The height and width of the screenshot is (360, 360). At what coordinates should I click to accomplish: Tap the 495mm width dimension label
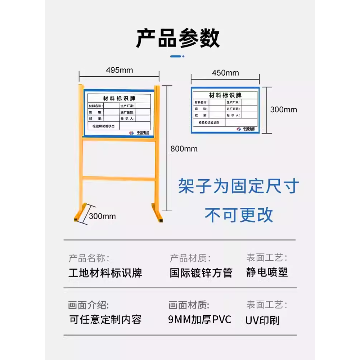119,70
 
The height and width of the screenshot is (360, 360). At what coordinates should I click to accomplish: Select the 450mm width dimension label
225,73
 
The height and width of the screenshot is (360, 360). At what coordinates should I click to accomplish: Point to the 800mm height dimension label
184,148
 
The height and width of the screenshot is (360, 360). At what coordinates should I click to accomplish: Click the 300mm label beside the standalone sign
283,109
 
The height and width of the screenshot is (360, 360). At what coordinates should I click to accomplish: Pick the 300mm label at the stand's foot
102,216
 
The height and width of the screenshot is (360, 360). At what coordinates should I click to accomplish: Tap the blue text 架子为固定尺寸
238,186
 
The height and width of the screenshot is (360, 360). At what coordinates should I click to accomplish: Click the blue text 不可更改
239,215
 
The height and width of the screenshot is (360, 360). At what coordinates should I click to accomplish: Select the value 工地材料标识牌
105,273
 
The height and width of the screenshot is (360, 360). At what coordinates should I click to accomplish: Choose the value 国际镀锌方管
201,273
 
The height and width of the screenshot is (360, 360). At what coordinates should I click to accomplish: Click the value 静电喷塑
267,272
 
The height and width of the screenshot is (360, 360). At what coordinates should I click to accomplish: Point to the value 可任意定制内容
105,319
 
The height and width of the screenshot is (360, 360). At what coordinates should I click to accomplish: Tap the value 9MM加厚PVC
199,319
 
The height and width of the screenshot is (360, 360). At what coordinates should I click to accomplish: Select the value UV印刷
262,320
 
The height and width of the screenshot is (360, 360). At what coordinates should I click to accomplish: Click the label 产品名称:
89,258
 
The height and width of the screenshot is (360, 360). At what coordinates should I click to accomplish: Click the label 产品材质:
190,258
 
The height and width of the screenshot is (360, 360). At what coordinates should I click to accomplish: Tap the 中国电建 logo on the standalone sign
246,129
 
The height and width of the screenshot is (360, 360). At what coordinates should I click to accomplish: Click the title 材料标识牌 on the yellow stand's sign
119,98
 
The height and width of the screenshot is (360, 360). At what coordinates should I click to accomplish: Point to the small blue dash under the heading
177,56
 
